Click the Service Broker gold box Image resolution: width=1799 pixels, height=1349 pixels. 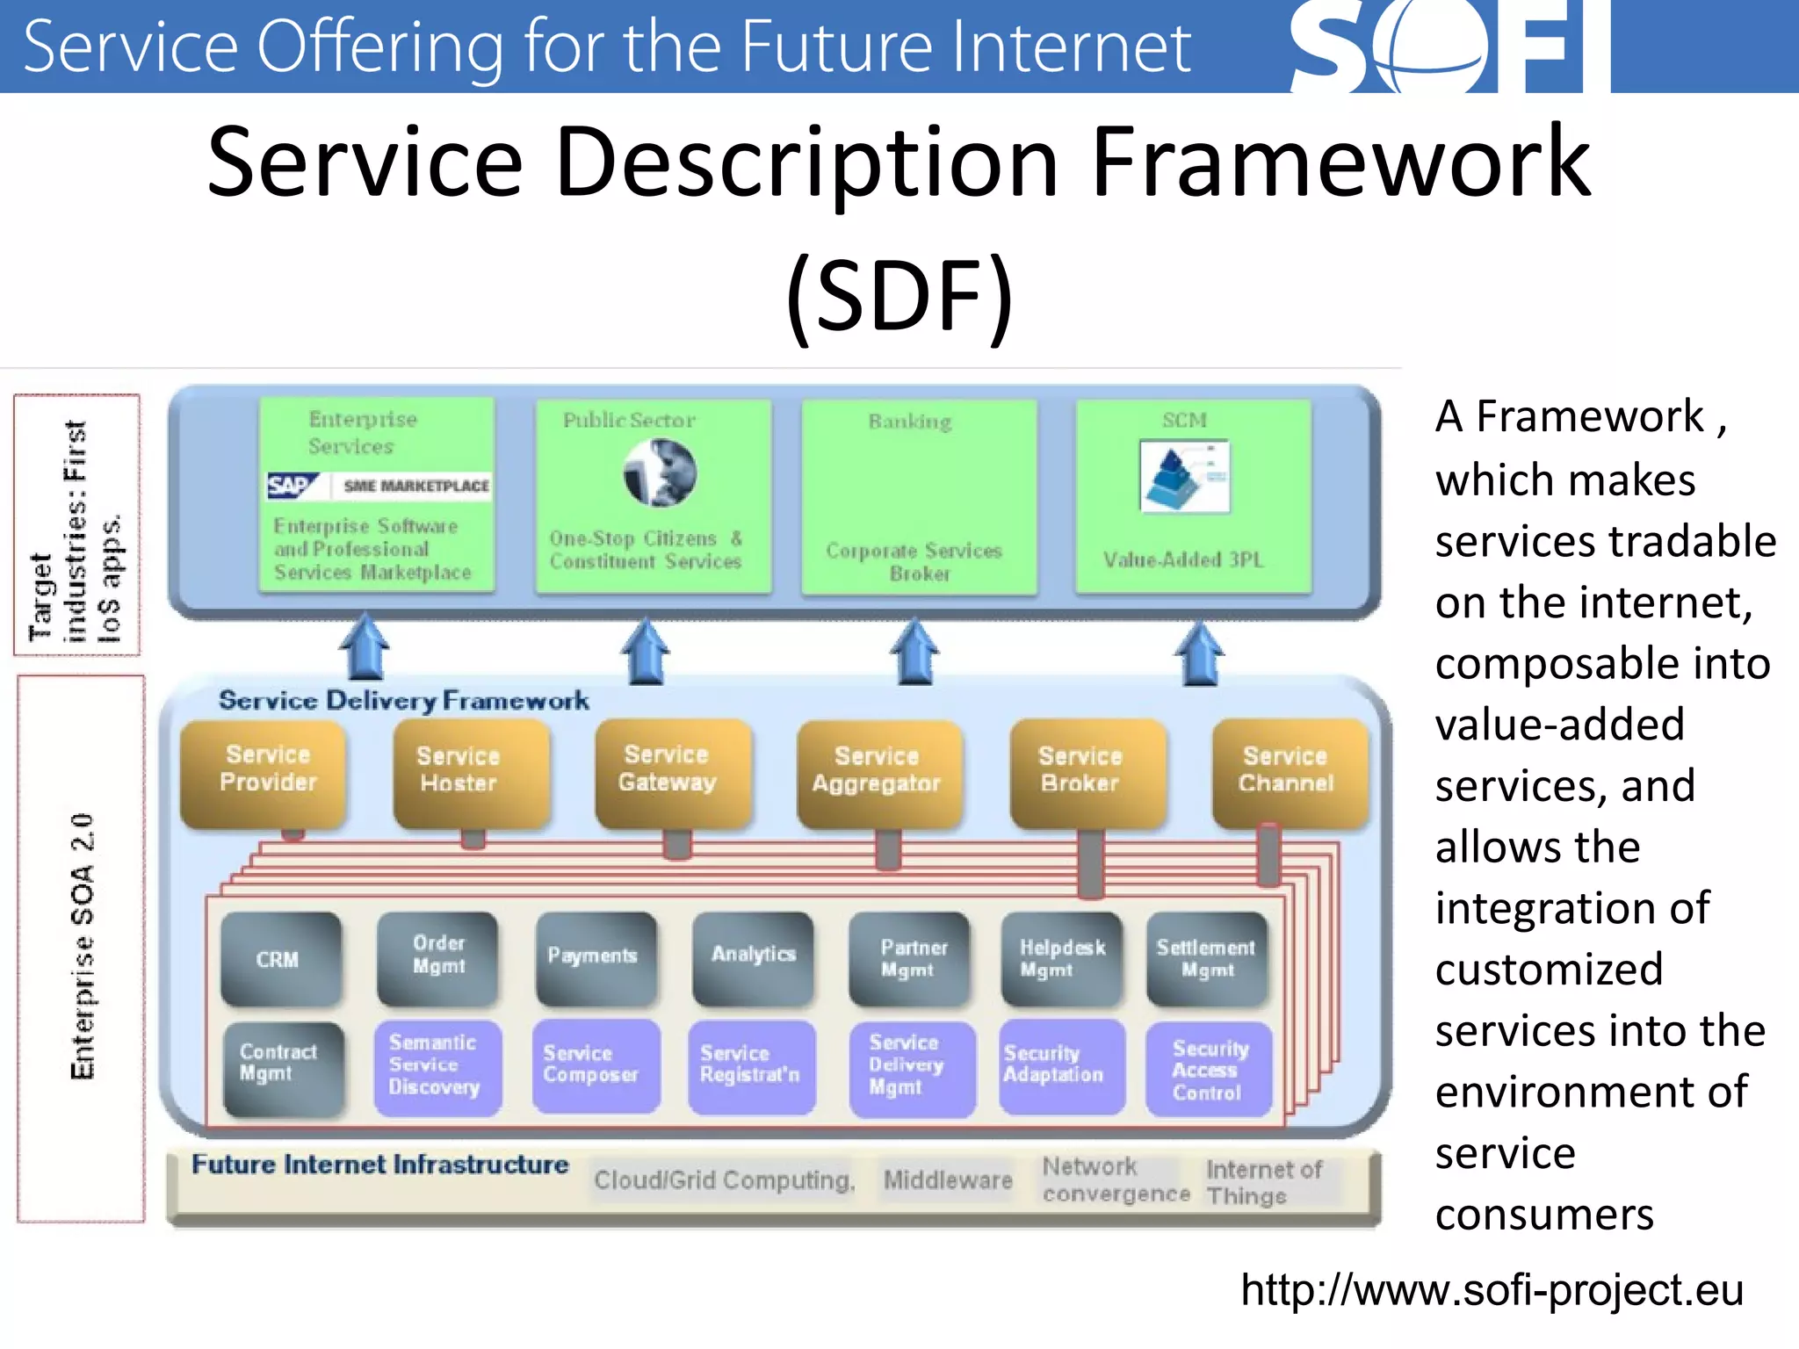tap(1087, 772)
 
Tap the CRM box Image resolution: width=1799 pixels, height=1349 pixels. tap(280, 959)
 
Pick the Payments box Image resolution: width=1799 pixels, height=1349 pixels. tap(596, 957)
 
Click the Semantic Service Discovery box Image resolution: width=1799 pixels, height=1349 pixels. tap(437, 1065)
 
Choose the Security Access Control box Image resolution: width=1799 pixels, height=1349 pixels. tap(1209, 1069)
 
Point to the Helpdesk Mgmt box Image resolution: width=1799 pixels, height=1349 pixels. tap(1061, 958)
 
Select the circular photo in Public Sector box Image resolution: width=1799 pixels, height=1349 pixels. tap(661, 473)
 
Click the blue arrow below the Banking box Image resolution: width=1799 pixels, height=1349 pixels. tap(914, 652)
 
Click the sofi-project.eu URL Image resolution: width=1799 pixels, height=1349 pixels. tap(1492, 1290)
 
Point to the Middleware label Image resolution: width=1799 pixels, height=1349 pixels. tap(947, 1179)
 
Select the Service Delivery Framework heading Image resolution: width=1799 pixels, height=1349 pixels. tap(403, 700)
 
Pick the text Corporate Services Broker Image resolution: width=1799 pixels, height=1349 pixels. tap(914, 561)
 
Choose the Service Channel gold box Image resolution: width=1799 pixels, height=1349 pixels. tap(1288, 771)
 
